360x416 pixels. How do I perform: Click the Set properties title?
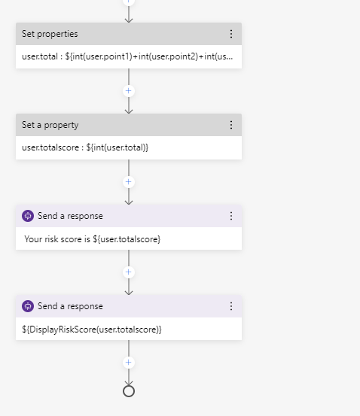coord(50,34)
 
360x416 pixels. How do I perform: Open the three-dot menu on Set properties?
coord(231,34)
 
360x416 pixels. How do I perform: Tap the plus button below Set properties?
coord(129,90)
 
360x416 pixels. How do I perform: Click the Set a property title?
coord(50,125)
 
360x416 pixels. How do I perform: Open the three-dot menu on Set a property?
coord(231,125)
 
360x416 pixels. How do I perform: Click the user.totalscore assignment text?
coord(85,148)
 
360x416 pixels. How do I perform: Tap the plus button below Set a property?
coord(129,181)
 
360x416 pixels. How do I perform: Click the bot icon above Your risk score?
coord(28,216)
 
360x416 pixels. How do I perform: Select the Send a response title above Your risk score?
coord(70,216)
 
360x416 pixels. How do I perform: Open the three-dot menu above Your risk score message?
coord(231,216)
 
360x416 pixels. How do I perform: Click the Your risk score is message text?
coord(93,239)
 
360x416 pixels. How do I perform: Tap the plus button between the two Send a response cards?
coord(129,272)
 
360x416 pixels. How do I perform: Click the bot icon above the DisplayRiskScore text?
coord(28,306)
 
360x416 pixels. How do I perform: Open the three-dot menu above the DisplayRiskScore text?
coord(231,306)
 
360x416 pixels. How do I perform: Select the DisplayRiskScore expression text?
coord(92,329)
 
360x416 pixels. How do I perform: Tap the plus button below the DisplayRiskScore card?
coord(129,363)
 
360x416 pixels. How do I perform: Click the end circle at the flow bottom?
coord(129,391)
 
